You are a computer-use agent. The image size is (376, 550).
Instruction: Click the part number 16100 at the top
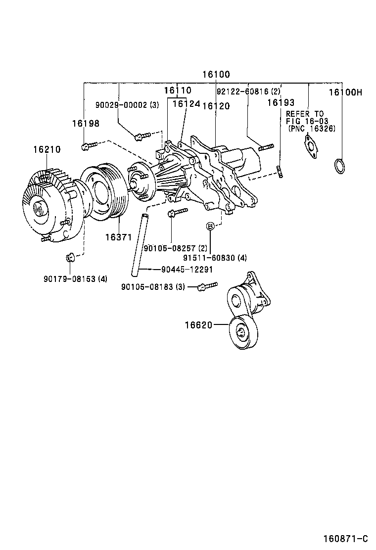[x=216, y=75]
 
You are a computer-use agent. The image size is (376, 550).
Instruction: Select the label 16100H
[x=346, y=92]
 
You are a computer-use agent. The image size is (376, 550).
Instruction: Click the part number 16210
[x=47, y=149]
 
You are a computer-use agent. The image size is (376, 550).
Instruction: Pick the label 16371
[x=118, y=237]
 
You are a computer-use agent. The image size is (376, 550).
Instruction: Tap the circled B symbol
[x=210, y=226]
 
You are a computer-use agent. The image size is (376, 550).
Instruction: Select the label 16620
[x=199, y=325]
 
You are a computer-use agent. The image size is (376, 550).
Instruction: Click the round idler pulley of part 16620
[x=242, y=332]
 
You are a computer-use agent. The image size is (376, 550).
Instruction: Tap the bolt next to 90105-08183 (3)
[x=207, y=286]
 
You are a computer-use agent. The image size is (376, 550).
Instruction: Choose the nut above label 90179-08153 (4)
[x=70, y=257]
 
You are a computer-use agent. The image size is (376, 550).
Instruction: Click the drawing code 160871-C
[x=346, y=539]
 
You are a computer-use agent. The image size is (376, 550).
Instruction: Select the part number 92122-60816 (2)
[x=248, y=92]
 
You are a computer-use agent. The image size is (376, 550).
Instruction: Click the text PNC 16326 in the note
[x=312, y=128]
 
